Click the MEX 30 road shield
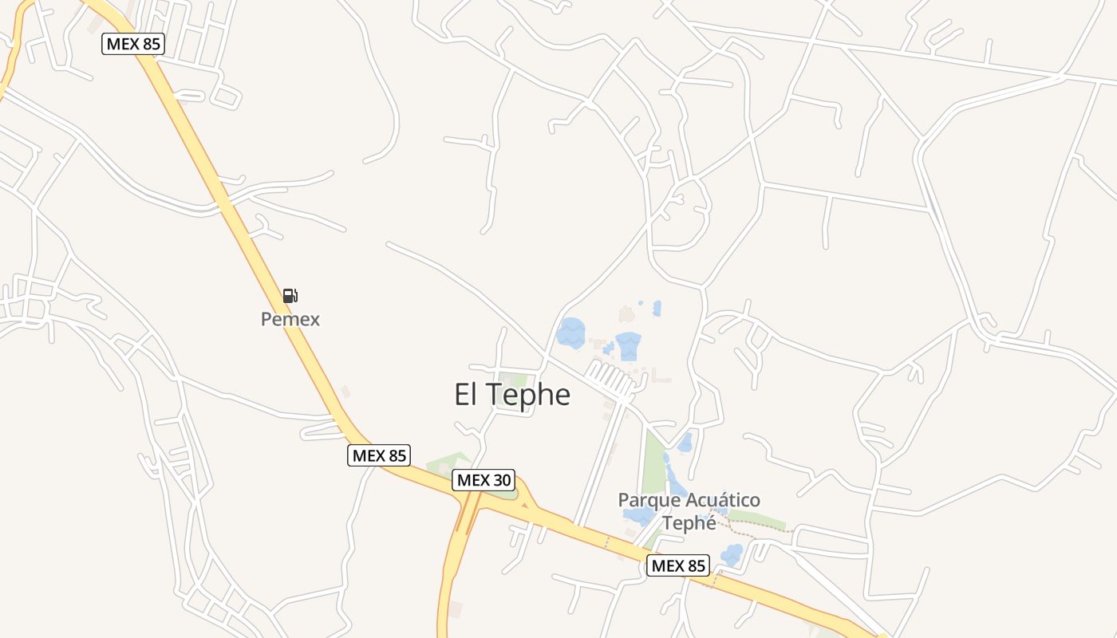pyautogui.click(x=484, y=480)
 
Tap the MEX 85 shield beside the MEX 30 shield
pyautogui.click(x=380, y=455)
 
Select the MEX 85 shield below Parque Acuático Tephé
pyautogui.click(x=677, y=565)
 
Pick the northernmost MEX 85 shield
pyautogui.click(x=133, y=43)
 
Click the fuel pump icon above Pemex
pyautogui.click(x=290, y=296)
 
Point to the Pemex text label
pyautogui.click(x=290, y=319)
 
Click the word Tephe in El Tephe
pyautogui.click(x=527, y=394)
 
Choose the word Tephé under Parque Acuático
pyautogui.click(x=689, y=522)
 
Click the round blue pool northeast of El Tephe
pyautogui.click(x=571, y=333)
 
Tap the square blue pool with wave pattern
pyautogui.click(x=628, y=346)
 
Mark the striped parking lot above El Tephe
pyautogui.click(x=610, y=377)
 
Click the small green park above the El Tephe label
pyautogui.click(x=515, y=380)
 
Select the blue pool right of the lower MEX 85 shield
pyautogui.click(x=731, y=553)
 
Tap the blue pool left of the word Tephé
pyautogui.click(x=639, y=515)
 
